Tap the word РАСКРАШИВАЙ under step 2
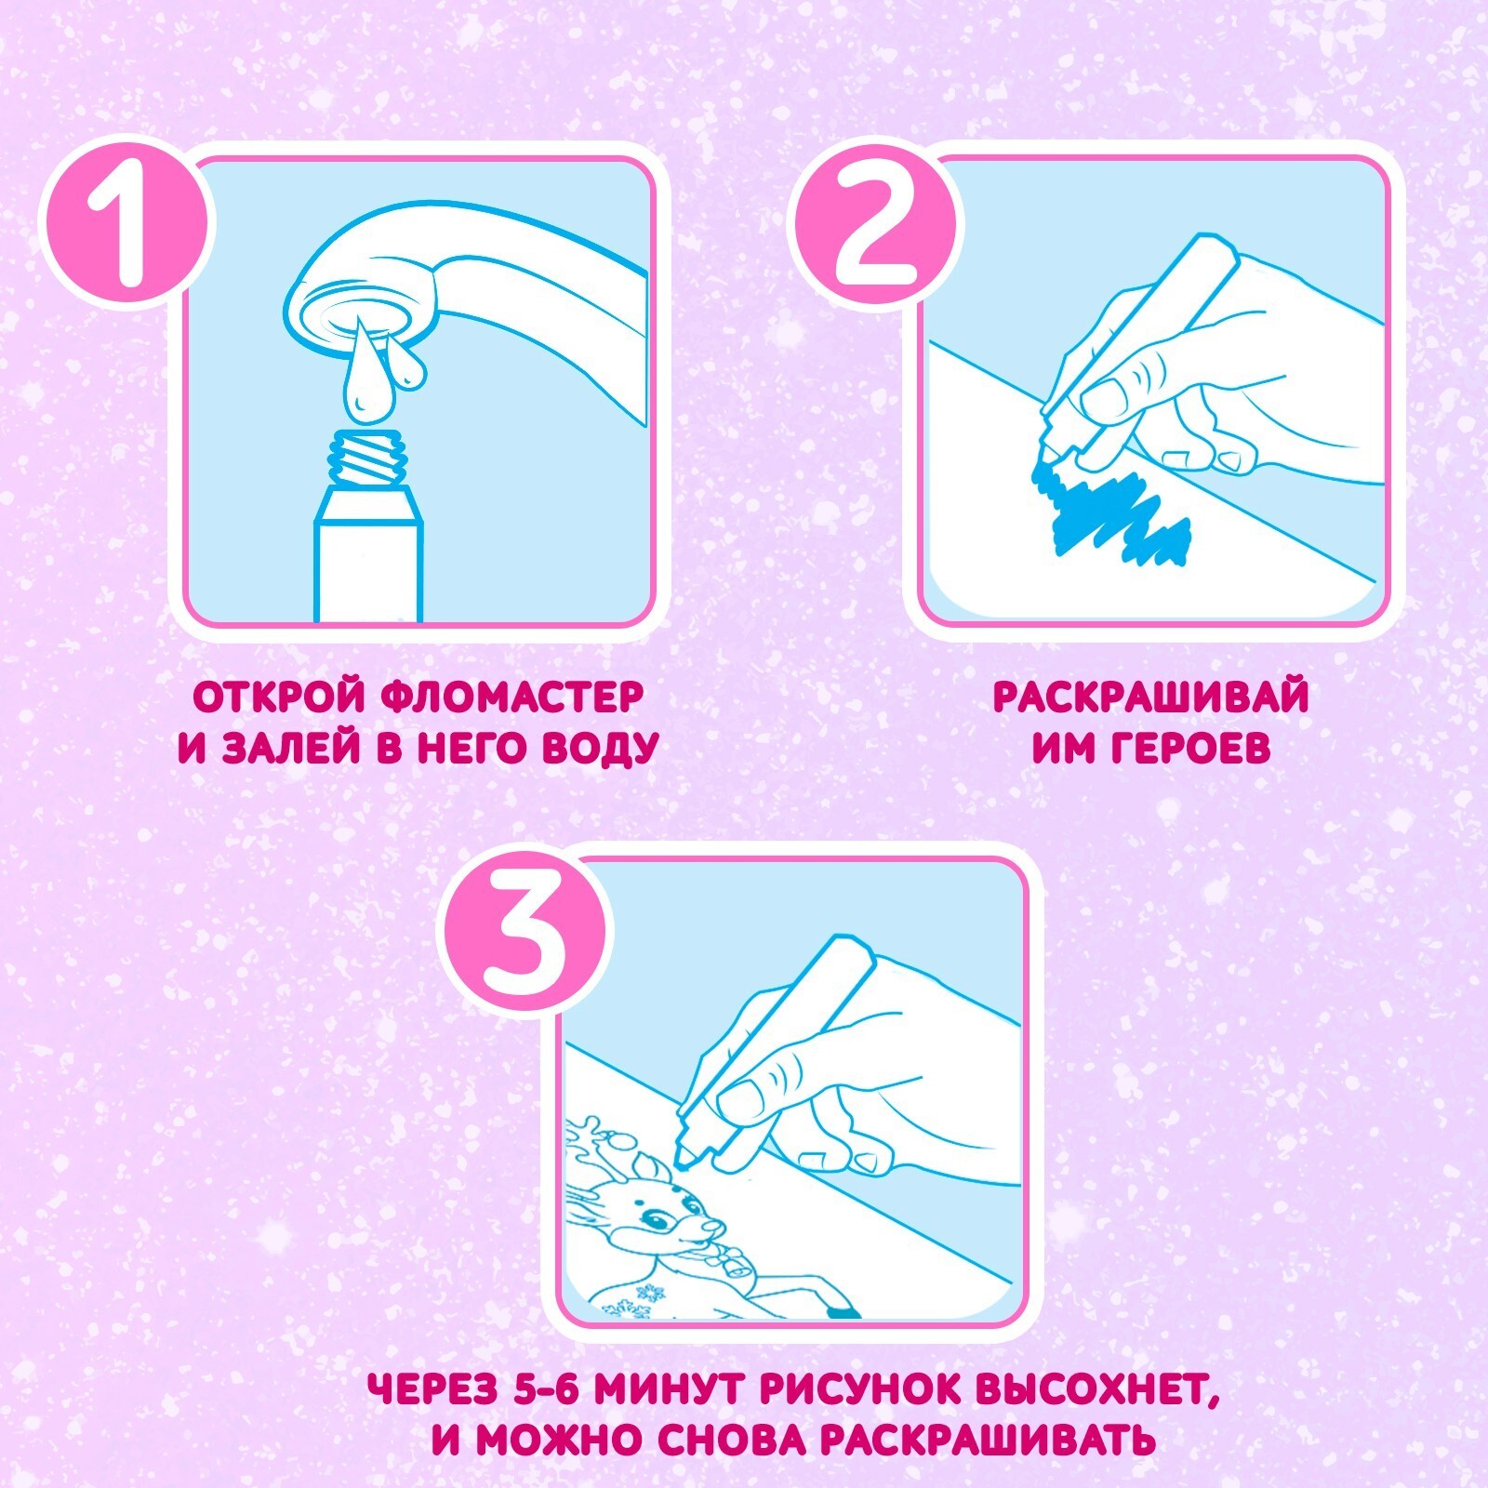1151,697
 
